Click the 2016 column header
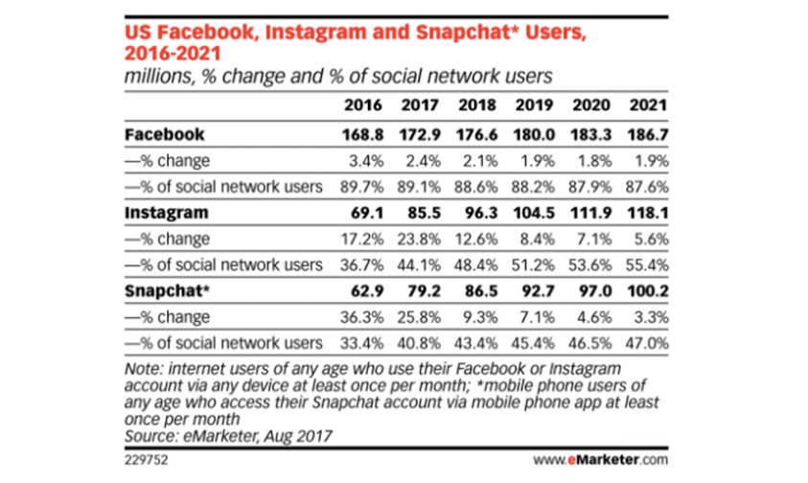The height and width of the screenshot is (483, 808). pos(362,105)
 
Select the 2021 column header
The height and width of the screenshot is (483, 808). pos(648,105)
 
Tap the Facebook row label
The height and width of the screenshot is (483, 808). pos(165,134)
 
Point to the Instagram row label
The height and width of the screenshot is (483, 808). pos(167,213)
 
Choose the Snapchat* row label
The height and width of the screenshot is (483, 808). pos(167,291)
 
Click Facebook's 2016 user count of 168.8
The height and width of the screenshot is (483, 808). pos(362,135)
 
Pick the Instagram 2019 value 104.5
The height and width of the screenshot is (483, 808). pos(534,213)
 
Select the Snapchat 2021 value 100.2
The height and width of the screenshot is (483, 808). pos(648,291)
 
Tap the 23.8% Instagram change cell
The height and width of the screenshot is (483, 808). pos(419,240)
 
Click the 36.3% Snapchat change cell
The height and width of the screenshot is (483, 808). pos(361,317)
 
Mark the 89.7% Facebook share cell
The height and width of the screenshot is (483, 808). pos(361,187)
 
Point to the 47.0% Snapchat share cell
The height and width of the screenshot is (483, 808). pos(647,343)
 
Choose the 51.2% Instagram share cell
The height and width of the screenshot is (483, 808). pos(533,264)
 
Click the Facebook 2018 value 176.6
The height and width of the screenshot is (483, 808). pos(476,135)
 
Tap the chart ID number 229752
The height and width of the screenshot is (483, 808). pos(146,460)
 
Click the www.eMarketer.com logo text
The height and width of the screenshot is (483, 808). pos(600,459)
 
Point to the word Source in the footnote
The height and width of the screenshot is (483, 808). pos(150,437)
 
